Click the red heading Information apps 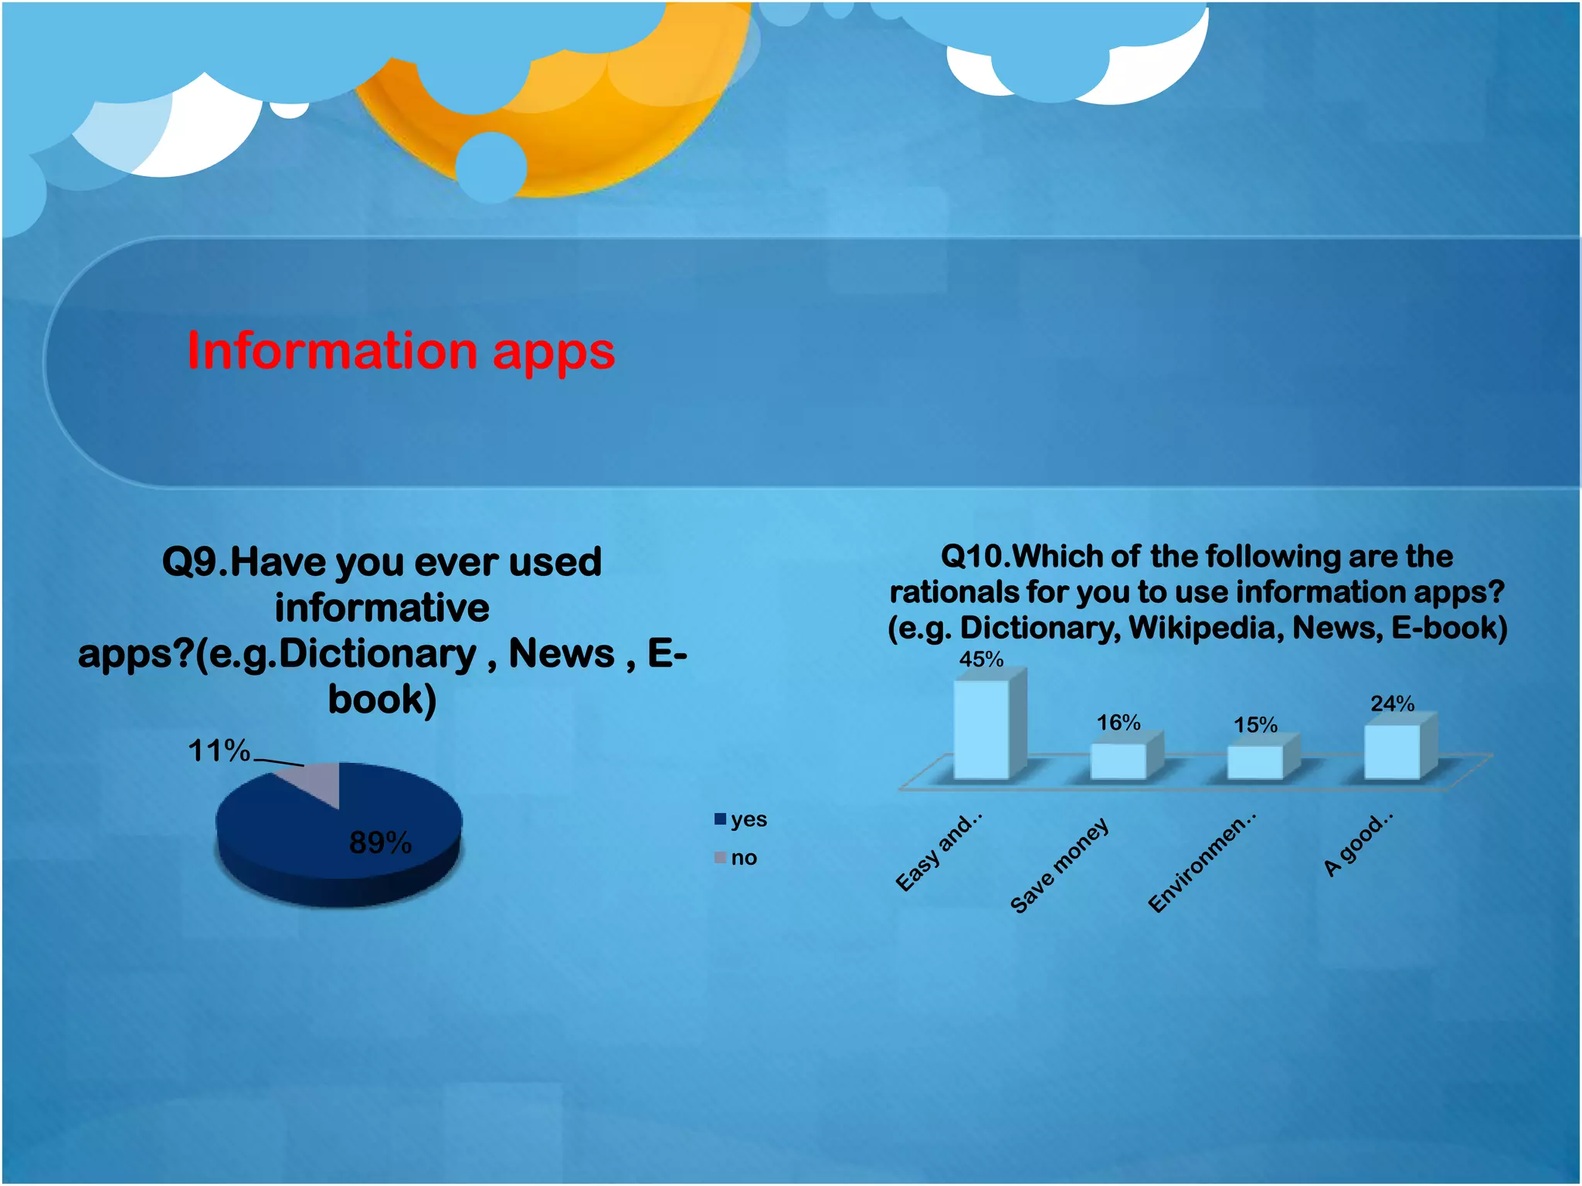point(401,351)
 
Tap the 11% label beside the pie point(219,751)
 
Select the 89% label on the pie point(380,842)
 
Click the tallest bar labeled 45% point(981,729)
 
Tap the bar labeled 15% point(1254,762)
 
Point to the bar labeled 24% point(1391,751)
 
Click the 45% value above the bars point(981,659)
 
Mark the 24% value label point(1392,703)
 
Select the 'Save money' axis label point(1059,866)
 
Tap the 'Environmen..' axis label point(1201,863)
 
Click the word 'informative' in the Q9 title point(382,608)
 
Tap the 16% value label point(1119,723)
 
